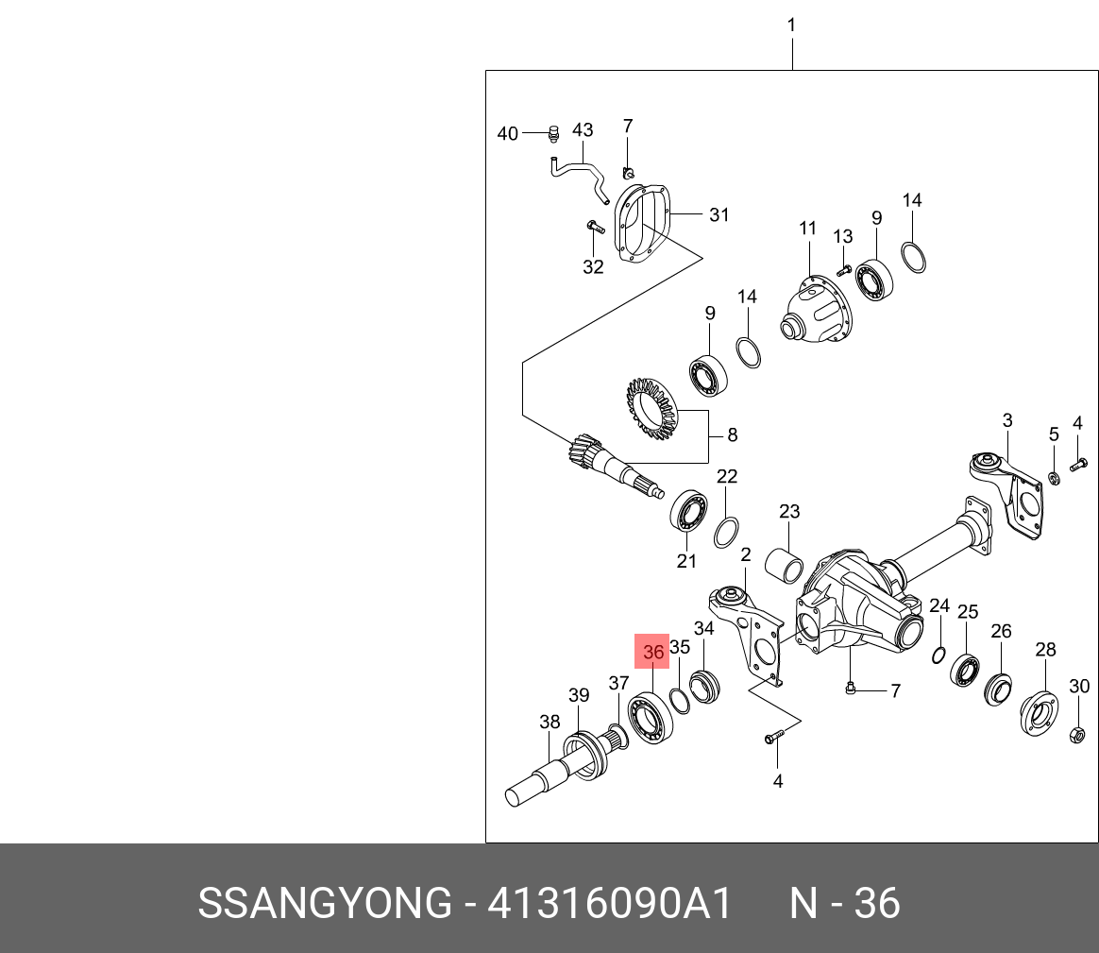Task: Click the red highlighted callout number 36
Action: coord(653,652)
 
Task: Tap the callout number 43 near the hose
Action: coord(583,130)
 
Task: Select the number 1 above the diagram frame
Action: coord(791,26)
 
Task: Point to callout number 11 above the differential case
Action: coord(807,228)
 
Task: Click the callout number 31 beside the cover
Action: coord(719,215)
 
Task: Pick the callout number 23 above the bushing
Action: coord(789,512)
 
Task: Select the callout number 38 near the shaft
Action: coord(549,723)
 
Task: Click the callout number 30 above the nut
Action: coord(1078,687)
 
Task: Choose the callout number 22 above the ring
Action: coord(726,477)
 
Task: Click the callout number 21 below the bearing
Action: coord(686,561)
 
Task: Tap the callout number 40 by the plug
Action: coord(508,134)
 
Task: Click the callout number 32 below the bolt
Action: coord(593,267)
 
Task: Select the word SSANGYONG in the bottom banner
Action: coord(325,905)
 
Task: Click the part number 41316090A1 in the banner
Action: coord(610,905)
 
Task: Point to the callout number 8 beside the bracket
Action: coord(732,435)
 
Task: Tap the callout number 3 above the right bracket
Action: coord(1007,420)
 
